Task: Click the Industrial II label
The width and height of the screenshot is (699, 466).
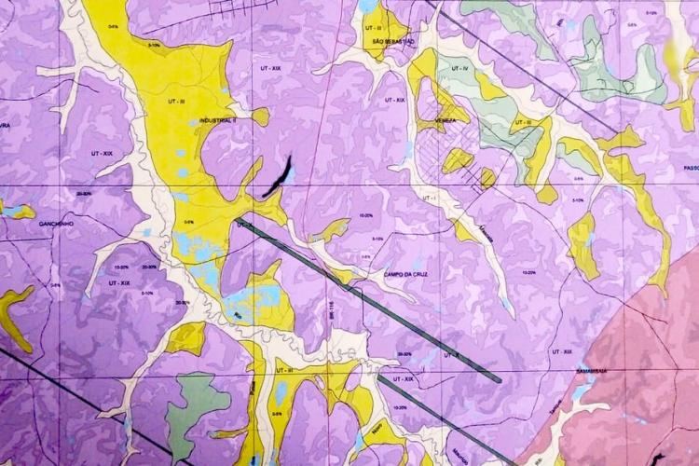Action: pos(219,121)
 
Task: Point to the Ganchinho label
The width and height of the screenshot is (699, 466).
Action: pos(57,225)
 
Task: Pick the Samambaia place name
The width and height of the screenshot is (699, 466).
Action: pos(590,370)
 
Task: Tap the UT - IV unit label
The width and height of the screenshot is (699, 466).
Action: pos(463,69)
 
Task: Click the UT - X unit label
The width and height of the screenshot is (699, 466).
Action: pos(451,354)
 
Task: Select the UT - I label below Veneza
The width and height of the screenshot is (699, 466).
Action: pos(430,200)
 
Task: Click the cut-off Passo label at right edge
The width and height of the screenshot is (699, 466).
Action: pos(690,168)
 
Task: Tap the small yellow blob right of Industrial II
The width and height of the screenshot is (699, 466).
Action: pos(260,116)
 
